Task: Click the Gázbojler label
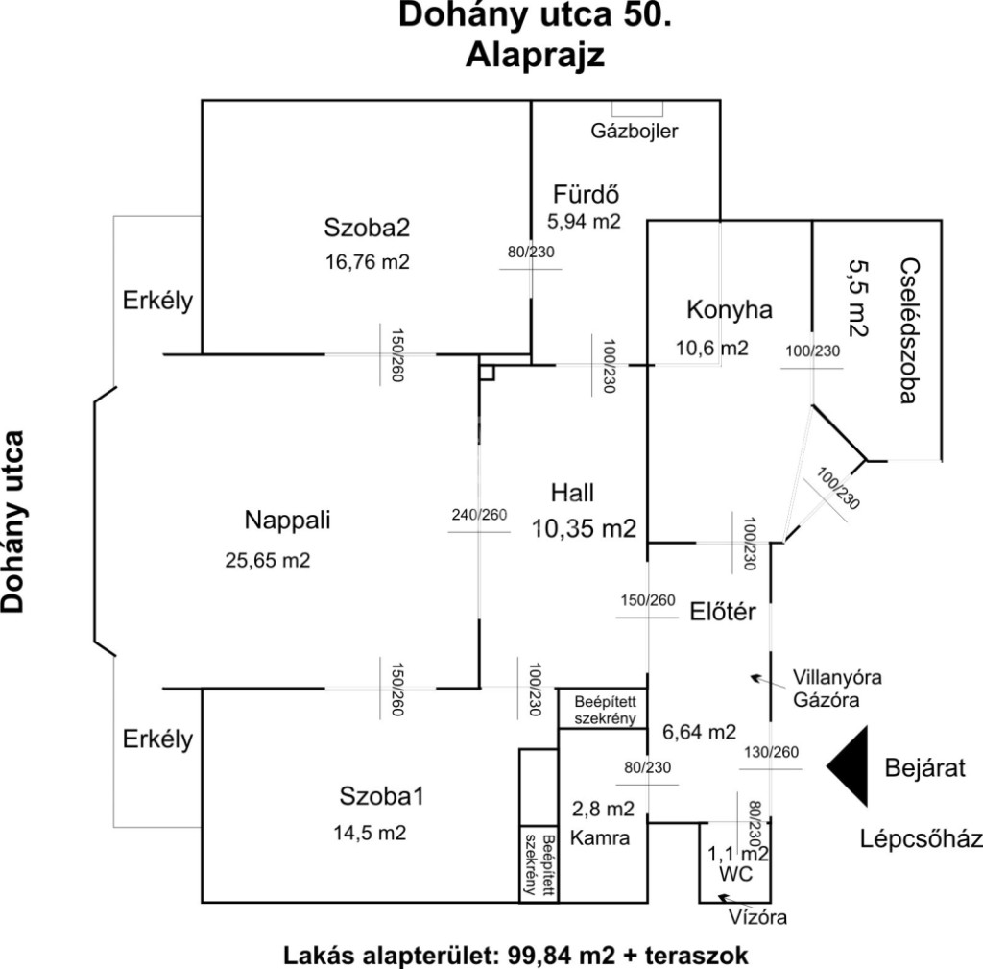[634, 132]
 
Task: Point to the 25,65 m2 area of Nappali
[268, 560]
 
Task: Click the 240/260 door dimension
[479, 515]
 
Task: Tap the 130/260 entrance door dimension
[769, 752]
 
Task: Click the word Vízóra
[758, 917]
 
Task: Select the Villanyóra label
[837, 677]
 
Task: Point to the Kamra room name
[600, 837]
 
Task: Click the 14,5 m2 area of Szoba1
[370, 833]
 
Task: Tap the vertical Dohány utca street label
[13, 521]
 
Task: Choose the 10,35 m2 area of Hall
[585, 527]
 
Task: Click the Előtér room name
[724, 611]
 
